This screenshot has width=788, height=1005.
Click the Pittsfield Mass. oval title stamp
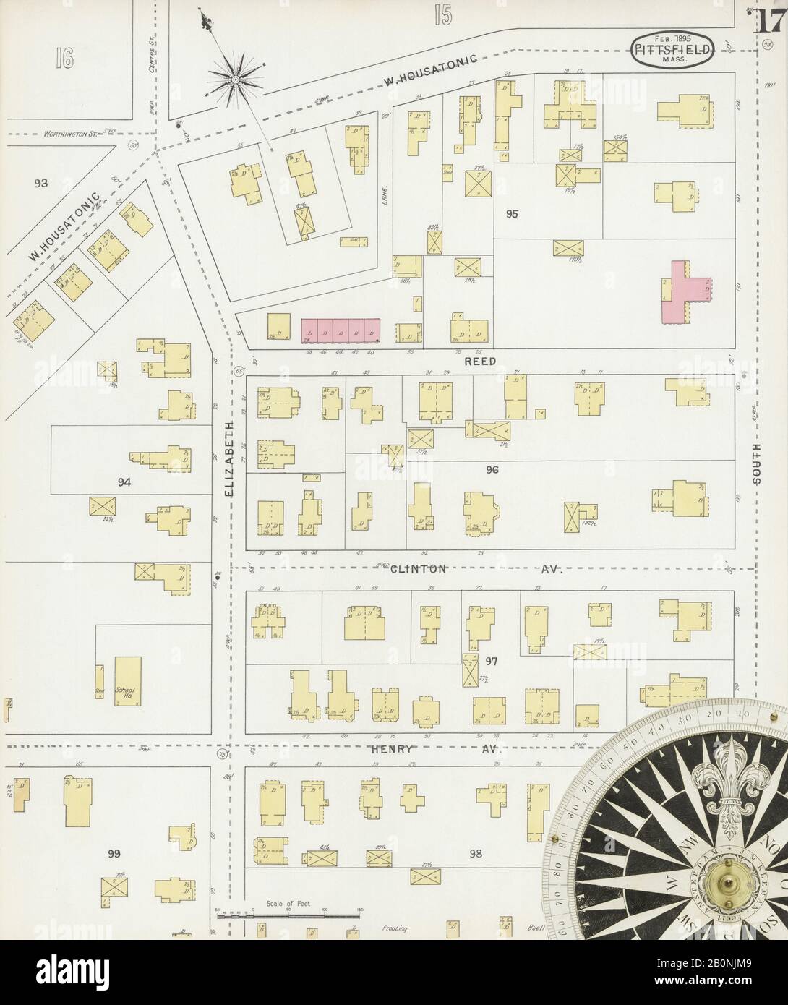[x=674, y=48]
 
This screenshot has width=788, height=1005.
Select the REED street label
[x=480, y=361]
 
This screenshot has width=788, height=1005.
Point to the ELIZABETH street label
[x=229, y=459]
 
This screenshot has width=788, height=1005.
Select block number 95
[x=513, y=214]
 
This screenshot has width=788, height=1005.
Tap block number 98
[x=475, y=854]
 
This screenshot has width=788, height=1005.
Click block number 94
[x=125, y=481]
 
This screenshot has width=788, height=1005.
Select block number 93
[x=40, y=184]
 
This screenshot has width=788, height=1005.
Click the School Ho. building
[x=127, y=683]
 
